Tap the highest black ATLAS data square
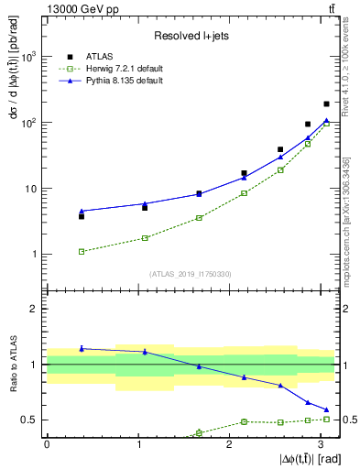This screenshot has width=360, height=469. pos(326,104)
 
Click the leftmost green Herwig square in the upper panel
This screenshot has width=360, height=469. pos(82,251)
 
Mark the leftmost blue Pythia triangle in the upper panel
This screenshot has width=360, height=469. pos(82,211)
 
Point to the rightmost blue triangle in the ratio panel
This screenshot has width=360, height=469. pos(326,409)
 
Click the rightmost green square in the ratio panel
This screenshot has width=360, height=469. pos(326,419)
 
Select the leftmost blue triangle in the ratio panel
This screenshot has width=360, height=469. pos(82,348)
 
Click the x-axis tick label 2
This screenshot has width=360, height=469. pos(229,444)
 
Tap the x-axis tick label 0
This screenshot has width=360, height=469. pos(47,444)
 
